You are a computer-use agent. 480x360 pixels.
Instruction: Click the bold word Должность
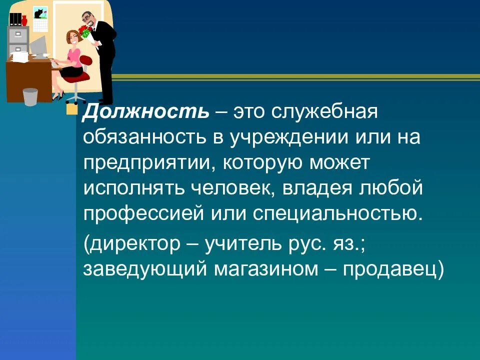pyautogui.click(x=145, y=111)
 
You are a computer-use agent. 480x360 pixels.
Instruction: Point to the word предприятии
pyautogui.click(x=146, y=163)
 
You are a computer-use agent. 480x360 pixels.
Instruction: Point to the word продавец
pyautogui.click(x=390, y=270)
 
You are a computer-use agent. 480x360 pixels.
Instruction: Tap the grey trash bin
pyautogui.click(x=30, y=96)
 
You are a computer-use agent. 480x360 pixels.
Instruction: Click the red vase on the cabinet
pyautogui.click(x=24, y=20)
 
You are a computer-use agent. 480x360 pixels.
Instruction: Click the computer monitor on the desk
pyautogui.click(x=38, y=46)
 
